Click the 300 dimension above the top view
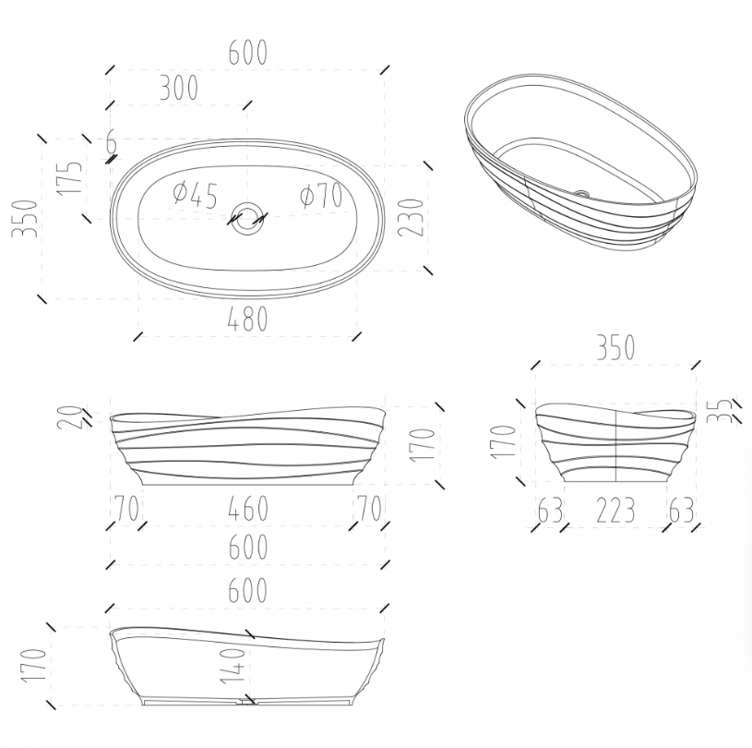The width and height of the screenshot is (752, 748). pos(178,89)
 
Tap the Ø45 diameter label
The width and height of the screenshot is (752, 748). pos(196,195)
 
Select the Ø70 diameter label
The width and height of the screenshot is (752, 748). pos(321,196)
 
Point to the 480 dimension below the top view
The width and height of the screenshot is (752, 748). pos(247,319)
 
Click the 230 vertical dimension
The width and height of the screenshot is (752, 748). pos(412,218)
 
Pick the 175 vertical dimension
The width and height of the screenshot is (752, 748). pos(69,178)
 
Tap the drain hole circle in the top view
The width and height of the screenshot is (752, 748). pos(248,219)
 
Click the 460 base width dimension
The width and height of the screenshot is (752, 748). pos(248,509)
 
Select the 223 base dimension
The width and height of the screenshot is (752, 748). pos(615,511)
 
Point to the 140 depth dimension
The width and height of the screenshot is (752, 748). pos(233,665)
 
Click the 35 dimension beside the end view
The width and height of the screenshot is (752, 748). pos(721,411)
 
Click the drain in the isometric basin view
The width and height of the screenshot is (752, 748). pos(582,194)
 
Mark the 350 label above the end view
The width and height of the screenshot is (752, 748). pos(615,347)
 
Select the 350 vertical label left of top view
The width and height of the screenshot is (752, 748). pos(25,219)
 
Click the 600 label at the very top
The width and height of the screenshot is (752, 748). pos(247,52)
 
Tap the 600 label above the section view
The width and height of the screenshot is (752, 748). pos(247,590)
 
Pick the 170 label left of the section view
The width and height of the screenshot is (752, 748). pos(33,665)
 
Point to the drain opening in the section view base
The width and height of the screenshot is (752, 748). pos(247,702)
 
